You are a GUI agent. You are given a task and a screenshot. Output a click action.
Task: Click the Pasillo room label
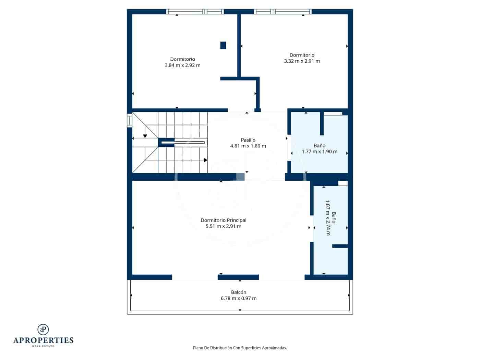point(248,140)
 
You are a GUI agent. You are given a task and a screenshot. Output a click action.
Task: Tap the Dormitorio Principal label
point(224,220)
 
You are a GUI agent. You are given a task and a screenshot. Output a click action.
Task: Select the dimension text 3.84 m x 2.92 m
point(182,65)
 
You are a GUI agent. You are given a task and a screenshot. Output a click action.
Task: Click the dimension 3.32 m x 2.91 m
point(302,61)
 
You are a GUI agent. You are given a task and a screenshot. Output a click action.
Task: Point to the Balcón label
point(239,292)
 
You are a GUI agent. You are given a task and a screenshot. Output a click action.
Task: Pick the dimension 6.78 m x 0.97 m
point(239,298)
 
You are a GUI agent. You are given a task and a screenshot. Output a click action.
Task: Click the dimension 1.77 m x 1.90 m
point(320,152)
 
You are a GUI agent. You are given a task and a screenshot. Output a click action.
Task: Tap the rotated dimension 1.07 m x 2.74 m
point(328,218)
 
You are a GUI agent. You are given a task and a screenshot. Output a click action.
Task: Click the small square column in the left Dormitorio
point(223,45)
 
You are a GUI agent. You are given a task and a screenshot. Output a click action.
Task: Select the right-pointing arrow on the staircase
point(205,160)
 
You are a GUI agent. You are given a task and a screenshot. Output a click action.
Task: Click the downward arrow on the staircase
point(145,136)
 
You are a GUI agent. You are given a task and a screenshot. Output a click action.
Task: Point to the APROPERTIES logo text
point(43,340)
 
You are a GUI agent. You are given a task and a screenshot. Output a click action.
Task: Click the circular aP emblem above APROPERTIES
point(43,329)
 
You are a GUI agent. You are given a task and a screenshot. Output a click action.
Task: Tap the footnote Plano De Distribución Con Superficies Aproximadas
point(240,348)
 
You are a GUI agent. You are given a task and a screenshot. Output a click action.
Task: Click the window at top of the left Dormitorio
point(195,12)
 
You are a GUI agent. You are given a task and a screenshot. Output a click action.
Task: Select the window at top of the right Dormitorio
point(283,12)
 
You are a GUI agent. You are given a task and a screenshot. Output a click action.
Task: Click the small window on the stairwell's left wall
point(129,121)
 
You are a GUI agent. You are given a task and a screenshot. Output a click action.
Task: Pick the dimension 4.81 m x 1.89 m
point(248,146)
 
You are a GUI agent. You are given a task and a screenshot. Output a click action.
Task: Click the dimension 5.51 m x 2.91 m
point(224,226)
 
